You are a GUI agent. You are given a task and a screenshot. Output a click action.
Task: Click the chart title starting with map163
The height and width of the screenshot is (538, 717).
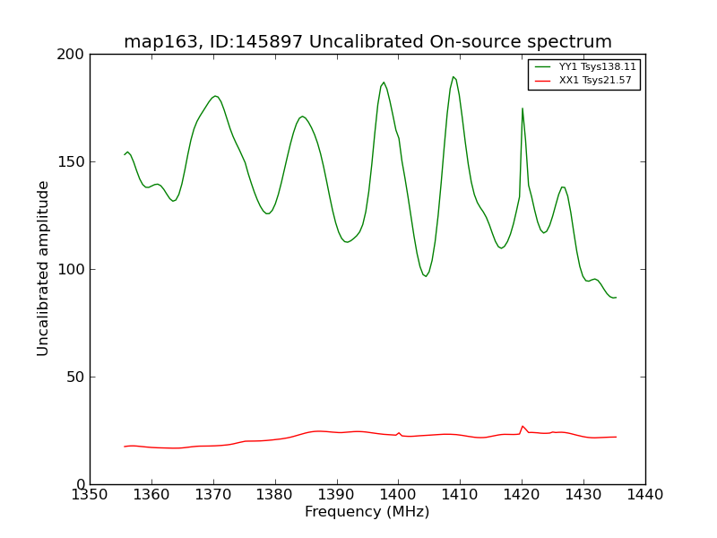click(367, 42)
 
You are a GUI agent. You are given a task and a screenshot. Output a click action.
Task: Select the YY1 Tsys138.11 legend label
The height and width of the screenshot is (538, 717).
click(597, 66)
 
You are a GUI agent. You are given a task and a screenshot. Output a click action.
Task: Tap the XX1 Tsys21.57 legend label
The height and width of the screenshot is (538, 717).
click(595, 80)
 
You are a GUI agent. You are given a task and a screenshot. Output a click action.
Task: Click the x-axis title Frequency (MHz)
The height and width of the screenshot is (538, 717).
click(367, 512)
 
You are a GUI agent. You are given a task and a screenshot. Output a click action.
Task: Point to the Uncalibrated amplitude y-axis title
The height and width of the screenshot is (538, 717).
click(43, 268)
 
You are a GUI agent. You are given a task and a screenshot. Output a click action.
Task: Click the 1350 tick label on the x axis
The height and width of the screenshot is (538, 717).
click(90, 494)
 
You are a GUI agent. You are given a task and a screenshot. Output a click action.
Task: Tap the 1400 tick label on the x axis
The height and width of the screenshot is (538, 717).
click(398, 494)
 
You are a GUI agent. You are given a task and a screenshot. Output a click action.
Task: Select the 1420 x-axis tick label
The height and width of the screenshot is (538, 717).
click(522, 494)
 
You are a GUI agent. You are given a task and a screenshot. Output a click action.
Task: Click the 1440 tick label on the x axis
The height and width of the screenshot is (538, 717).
click(644, 494)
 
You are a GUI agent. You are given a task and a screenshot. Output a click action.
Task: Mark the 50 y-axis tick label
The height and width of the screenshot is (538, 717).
click(77, 377)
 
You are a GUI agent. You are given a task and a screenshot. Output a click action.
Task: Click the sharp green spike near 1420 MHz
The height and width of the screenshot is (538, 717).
click(523, 108)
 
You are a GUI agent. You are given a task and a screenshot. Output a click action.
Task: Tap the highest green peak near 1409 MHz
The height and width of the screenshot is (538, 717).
click(454, 77)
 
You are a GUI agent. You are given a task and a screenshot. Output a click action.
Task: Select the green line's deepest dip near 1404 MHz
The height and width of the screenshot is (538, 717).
click(426, 276)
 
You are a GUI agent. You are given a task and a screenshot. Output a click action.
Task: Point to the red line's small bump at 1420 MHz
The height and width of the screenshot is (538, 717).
click(523, 426)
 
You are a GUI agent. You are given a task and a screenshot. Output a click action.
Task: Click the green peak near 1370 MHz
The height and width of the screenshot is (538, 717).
click(215, 96)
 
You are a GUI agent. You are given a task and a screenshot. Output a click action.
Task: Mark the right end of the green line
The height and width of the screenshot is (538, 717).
click(616, 297)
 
